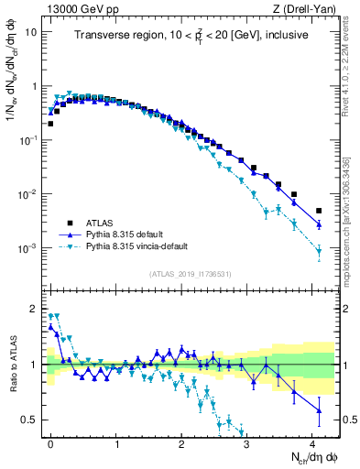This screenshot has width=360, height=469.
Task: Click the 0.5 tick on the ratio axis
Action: tap(30, 420)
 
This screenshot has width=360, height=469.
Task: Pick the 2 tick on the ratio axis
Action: tap(35, 308)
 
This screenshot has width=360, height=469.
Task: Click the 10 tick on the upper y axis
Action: tap(29, 31)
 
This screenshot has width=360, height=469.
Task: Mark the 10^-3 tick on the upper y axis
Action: tap(27, 248)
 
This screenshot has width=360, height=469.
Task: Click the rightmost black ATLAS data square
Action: tap(319, 211)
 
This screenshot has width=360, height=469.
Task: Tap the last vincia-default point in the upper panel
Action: tap(319, 251)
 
